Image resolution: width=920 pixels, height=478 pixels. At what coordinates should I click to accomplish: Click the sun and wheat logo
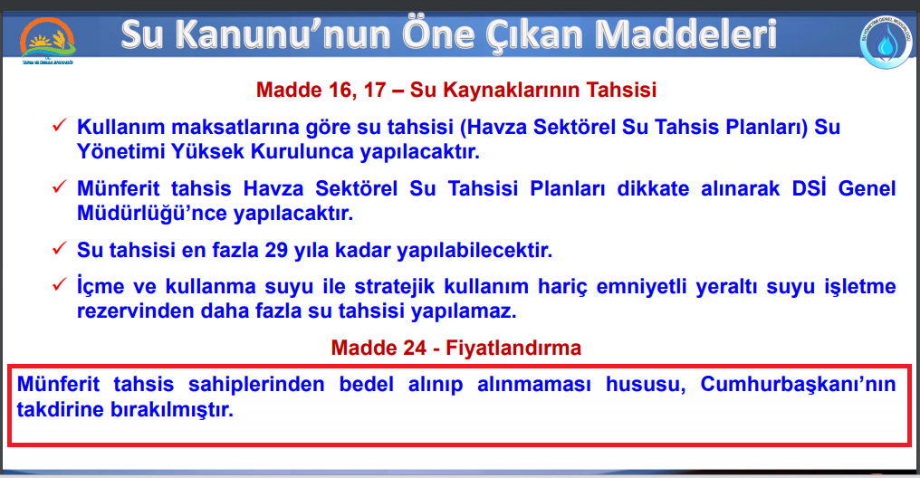pos(47,40)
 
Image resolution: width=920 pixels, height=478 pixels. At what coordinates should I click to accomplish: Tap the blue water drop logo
pos(886,43)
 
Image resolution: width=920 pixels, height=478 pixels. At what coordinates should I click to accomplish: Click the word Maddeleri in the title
pos(686,34)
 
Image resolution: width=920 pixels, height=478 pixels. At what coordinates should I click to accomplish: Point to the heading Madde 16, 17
pos(321,90)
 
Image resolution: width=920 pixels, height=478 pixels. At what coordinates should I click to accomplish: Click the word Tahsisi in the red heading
pos(621,90)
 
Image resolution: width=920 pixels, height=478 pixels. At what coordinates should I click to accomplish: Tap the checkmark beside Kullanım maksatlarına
pos(59,125)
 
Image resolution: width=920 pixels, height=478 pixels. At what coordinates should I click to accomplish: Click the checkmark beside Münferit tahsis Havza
pos(59,187)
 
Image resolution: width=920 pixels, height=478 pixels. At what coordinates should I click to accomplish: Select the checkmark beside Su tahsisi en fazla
pos(59,248)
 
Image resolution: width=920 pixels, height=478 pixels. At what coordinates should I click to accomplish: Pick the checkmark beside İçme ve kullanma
pos(59,284)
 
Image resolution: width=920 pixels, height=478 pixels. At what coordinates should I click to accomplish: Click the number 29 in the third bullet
pos(276,251)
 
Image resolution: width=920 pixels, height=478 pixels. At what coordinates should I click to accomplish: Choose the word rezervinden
pos(136,311)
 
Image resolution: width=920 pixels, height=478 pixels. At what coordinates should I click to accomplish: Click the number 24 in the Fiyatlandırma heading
pos(414,348)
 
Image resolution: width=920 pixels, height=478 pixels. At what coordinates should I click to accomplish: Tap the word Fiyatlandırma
pos(513,348)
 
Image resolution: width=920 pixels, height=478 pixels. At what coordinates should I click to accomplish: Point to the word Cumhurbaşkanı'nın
pos(798,385)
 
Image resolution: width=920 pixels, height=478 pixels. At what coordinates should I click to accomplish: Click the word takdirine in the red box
pos(61,409)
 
